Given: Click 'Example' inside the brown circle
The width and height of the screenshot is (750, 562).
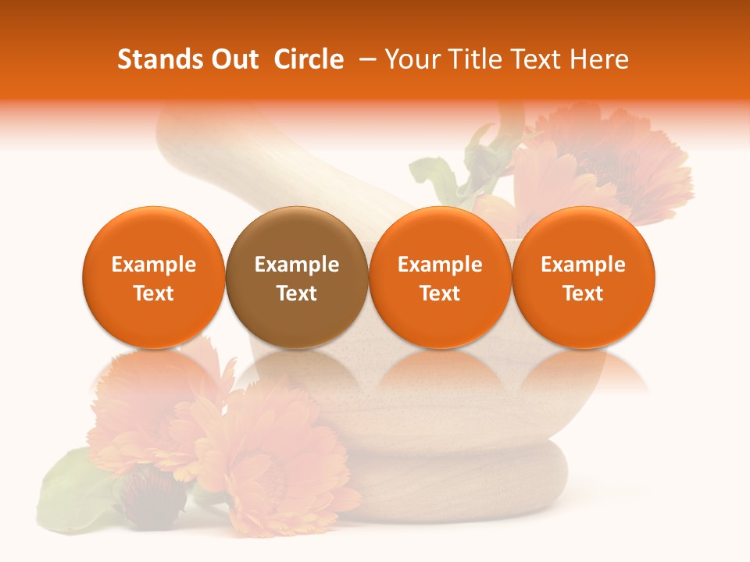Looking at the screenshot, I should [297, 265].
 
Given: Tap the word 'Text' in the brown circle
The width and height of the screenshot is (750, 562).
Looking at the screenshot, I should [297, 293].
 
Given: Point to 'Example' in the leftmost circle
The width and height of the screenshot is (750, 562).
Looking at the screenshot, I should [154, 265].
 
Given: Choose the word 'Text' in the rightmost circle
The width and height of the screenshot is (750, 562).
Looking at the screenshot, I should [584, 293].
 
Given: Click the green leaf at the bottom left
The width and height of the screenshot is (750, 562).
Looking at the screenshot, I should [74, 492].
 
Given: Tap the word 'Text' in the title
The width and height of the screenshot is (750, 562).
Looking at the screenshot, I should [530, 59].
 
